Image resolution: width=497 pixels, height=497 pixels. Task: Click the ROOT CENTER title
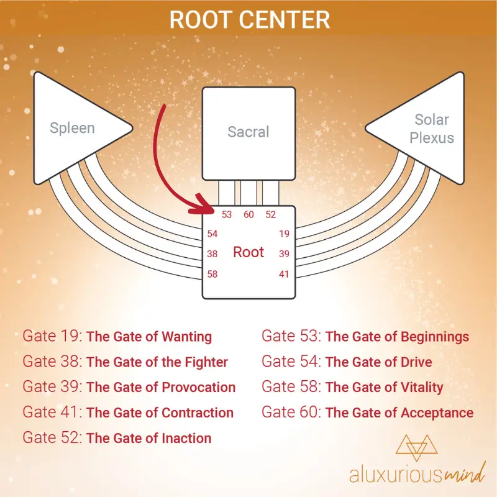pos(250,20)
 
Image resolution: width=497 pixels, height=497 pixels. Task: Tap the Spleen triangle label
pos(72,128)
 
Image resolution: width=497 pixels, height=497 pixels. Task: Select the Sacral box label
pos(248,132)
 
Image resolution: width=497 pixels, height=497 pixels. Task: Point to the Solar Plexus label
pos(431,129)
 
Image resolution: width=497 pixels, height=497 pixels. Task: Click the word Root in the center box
pos(248,252)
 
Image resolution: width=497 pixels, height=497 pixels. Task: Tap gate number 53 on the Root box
pos(227,214)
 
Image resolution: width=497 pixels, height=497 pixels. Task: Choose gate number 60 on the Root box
pos(248,214)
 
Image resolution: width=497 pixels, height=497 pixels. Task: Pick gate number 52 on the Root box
pos(271,214)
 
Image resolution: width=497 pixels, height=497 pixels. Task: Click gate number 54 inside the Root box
pos(212,234)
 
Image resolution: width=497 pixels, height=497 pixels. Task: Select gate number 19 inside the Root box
pos(285,234)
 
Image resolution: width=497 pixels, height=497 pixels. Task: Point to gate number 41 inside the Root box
pos(284,274)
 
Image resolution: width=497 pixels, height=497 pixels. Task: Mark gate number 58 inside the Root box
pos(212,274)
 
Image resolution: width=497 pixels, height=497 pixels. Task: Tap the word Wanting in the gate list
pos(187,337)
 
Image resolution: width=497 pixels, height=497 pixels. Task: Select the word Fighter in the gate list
pos(206,362)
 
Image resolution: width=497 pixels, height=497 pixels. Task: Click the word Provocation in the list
pos(198,387)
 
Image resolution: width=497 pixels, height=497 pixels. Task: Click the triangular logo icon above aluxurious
pos(416,447)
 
